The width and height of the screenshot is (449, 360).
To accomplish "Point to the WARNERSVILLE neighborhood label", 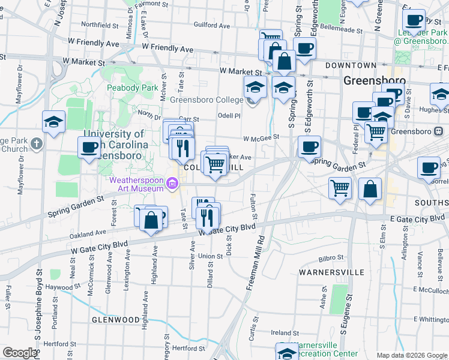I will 331,272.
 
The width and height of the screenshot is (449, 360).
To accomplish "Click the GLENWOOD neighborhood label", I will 116,320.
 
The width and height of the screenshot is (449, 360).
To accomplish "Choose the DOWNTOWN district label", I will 351,65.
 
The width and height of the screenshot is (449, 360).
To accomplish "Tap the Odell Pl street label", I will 229,116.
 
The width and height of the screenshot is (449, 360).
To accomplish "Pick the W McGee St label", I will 261,137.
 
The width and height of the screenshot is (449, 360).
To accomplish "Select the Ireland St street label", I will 280,332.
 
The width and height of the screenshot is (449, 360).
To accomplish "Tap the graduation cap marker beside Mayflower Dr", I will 53,121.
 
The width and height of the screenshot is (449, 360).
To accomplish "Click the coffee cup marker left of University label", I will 89,147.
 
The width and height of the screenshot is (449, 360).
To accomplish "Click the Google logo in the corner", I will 20,353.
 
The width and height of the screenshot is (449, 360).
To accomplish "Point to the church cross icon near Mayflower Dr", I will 37,144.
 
